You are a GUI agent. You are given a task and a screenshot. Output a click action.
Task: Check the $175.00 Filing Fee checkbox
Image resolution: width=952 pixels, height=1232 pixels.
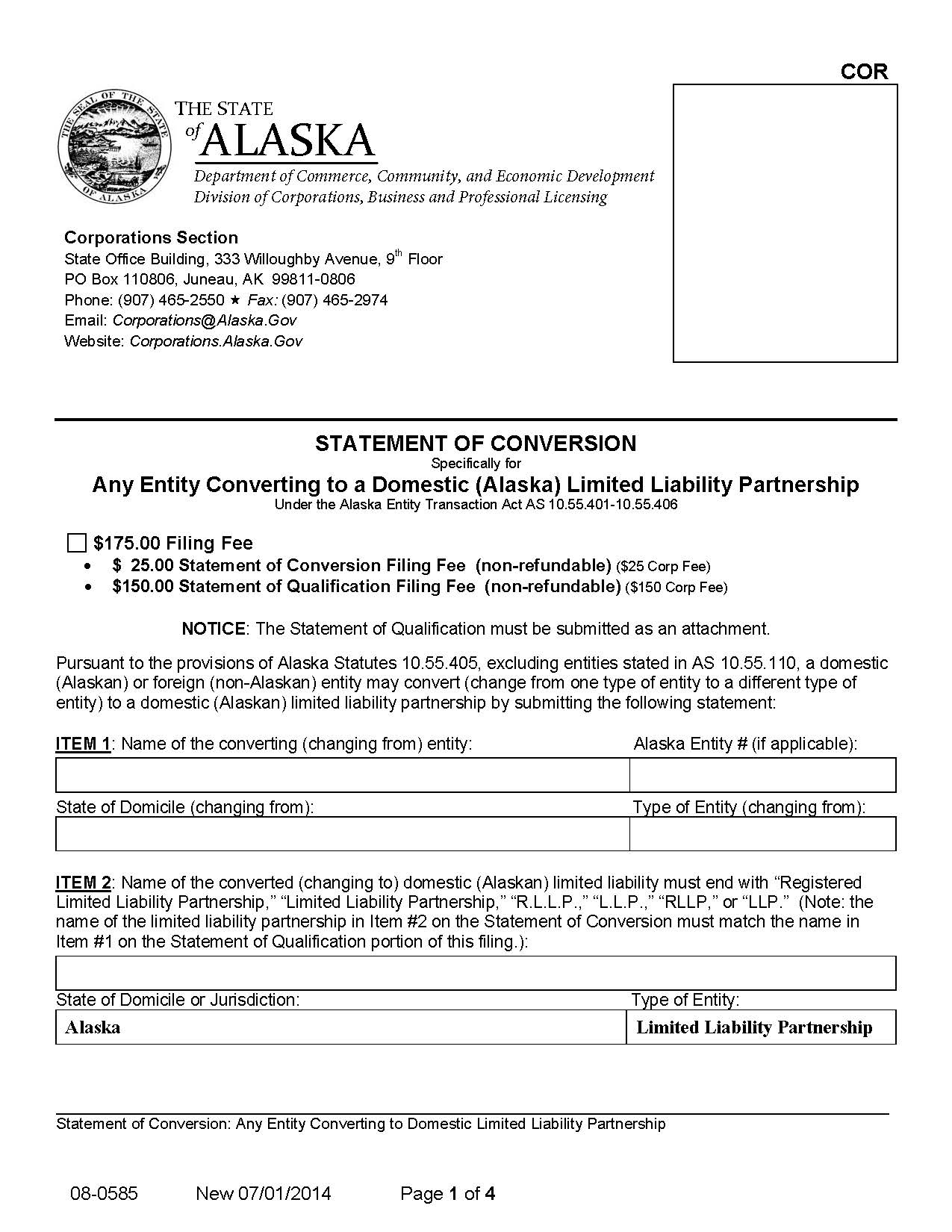point(76,543)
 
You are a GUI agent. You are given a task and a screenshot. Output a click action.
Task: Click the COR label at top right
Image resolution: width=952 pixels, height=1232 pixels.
point(864,72)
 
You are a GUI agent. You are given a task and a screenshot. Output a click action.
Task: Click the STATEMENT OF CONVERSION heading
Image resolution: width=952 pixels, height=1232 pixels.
point(476,444)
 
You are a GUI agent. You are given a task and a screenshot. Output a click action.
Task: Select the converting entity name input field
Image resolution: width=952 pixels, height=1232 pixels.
point(342,775)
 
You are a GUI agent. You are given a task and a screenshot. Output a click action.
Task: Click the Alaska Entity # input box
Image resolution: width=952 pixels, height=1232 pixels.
point(762,775)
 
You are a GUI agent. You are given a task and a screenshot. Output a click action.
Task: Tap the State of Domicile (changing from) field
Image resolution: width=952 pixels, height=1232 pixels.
point(342,833)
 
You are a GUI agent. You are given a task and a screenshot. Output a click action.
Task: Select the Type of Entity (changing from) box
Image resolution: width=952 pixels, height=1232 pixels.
point(762,833)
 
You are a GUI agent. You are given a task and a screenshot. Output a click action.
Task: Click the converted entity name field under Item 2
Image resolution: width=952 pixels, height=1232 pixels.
point(476,973)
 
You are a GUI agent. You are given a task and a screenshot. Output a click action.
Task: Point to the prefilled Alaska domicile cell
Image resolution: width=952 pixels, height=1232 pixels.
point(340,1027)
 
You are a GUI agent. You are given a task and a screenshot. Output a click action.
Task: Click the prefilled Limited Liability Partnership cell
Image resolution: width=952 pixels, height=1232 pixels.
point(761,1027)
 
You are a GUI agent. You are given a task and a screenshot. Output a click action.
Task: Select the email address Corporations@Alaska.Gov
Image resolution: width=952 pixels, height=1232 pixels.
point(204,320)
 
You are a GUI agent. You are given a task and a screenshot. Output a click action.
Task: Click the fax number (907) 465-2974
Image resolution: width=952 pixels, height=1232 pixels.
point(335,300)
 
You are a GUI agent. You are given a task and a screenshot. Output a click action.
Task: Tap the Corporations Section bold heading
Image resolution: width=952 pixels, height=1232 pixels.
point(151,237)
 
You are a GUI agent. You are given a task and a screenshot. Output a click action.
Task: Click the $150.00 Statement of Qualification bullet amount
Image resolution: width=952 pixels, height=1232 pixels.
point(143,587)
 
